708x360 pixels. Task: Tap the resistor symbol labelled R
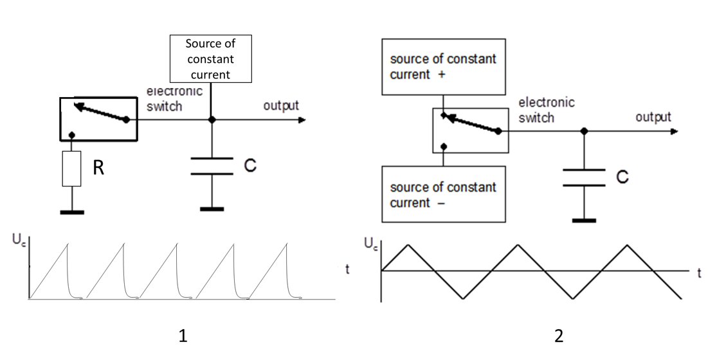tap(72, 169)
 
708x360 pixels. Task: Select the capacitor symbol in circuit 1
tap(212, 166)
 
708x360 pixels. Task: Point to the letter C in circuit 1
tap(250, 166)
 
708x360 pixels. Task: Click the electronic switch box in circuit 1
tap(98, 119)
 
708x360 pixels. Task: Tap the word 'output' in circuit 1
tap(281, 105)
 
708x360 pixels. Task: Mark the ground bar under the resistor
tap(72, 210)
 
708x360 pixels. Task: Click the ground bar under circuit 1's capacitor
tap(212, 208)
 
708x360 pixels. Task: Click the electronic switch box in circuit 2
tap(470, 130)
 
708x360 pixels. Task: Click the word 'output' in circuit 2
tap(653, 118)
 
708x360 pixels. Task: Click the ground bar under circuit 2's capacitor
tap(583, 220)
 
